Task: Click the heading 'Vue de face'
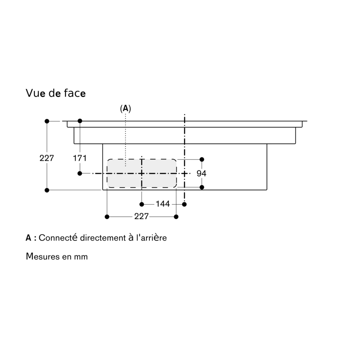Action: point(55,93)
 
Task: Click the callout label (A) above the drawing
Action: point(126,108)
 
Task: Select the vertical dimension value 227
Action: point(46,158)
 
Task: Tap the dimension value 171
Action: point(80,158)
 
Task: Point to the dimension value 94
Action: point(201,174)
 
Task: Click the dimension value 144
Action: point(163,204)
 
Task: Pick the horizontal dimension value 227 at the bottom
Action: point(141,216)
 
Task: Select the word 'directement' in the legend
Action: point(103,238)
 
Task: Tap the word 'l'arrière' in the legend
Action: point(151,238)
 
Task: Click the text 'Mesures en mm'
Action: point(57,256)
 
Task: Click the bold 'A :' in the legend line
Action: point(31,238)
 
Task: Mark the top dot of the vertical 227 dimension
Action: point(47,121)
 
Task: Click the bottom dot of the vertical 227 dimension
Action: point(47,190)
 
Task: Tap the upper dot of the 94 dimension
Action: point(202,159)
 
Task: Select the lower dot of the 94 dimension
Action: point(202,187)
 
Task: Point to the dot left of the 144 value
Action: point(141,204)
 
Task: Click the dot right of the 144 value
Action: point(184,204)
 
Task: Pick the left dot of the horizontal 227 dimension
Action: point(107,217)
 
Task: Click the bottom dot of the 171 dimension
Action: point(80,174)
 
